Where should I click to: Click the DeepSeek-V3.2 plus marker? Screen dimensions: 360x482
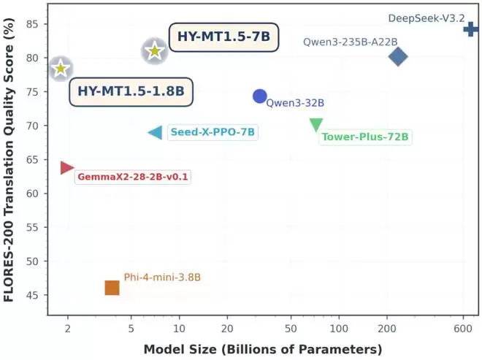[x=471, y=29]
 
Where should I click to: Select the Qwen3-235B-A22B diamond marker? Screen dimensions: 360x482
[x=398, y=56]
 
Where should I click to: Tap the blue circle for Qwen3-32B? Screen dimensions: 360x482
[x=259, y=96]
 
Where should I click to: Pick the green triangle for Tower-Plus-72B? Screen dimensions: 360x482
[x=316, y=125]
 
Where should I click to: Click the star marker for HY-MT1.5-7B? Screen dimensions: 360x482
[x=154, y=51]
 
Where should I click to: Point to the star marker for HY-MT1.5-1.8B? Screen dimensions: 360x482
[x=61, y=69]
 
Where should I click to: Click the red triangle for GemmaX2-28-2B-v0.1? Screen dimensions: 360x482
[x=67, y=168]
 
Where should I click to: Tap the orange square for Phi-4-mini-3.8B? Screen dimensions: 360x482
[x=112, y=288]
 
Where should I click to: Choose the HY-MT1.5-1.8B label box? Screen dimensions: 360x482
[x=131, y=92]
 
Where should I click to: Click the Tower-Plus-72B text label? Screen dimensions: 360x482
[x=365, y=137]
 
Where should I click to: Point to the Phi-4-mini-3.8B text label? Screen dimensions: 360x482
[x=162, y=277]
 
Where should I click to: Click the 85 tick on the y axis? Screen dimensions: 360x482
[x=37, y=24]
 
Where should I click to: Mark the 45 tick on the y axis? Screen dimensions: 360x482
[x=37, y=295]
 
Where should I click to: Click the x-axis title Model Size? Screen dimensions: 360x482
[x=262, y=348]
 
